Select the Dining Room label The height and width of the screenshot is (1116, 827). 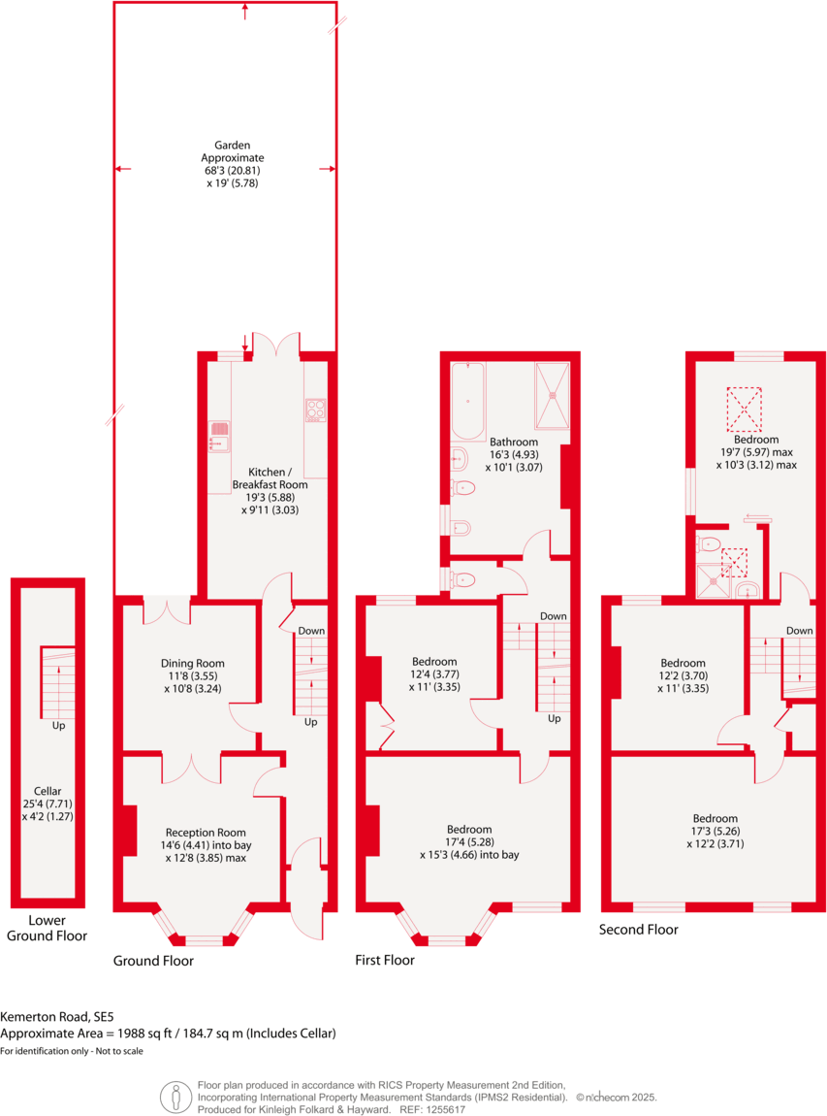pos(192,664)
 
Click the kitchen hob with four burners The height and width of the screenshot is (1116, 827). pos(316,410)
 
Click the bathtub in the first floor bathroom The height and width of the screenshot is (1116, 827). pos(467,400)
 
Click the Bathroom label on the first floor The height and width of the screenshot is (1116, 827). pos(513,443)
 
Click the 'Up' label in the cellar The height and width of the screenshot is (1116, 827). pos(59,725)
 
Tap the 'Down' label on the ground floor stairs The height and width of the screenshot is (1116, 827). pos(311,631)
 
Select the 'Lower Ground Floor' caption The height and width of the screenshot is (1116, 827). pos(46,928)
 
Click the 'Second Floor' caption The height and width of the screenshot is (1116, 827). pos(637,929)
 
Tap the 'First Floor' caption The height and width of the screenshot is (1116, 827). pos(385,960)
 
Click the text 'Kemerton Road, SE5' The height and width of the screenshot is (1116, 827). pos(56,1017)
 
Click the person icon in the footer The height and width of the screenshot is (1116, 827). pos(175,1097)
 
